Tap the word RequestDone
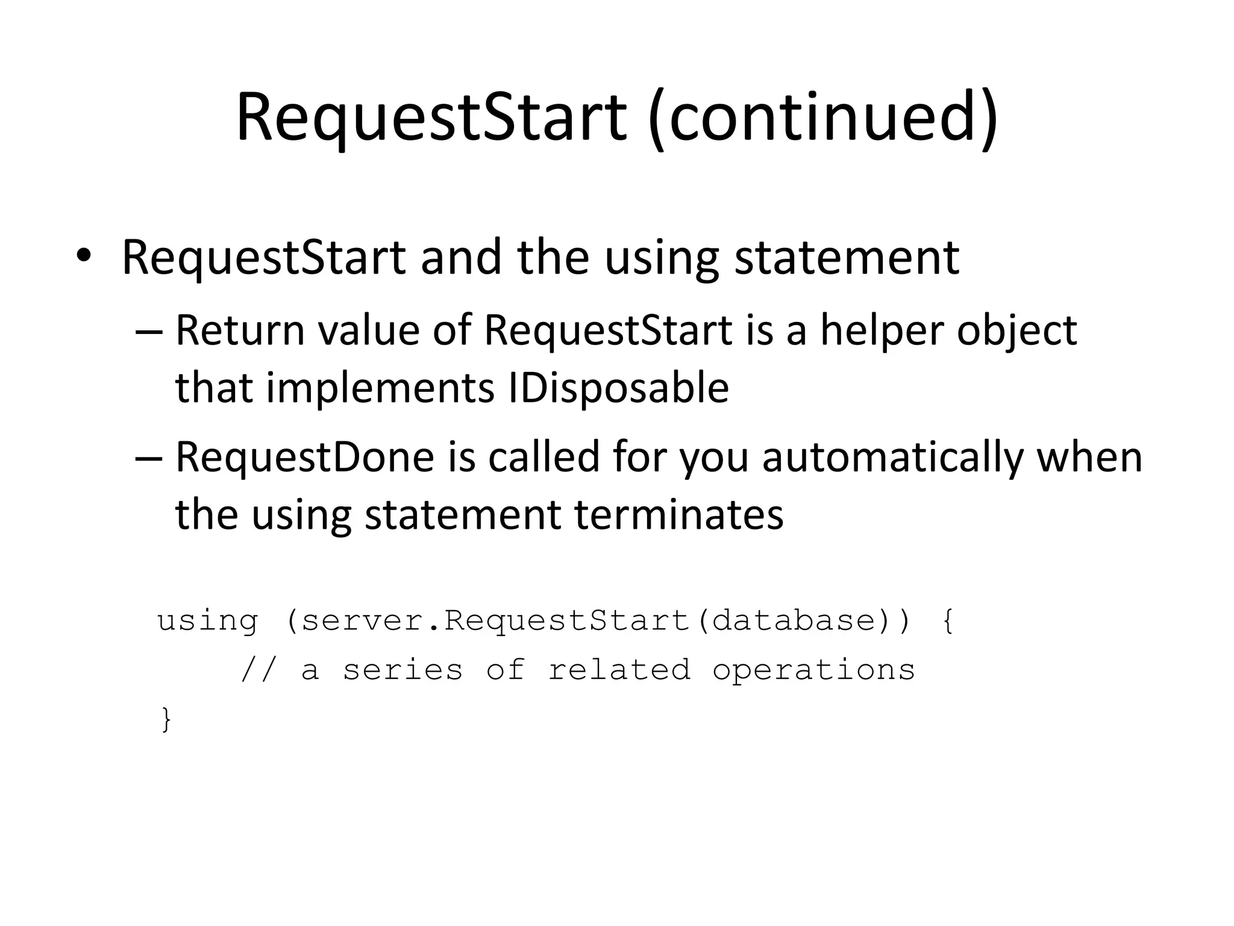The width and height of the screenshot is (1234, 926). pyautogui.click(x=304, y=456)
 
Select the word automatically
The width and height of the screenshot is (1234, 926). pyautogui.click(x=892, y=456)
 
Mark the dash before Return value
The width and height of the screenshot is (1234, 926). pyautogui.click(x=149, y=332)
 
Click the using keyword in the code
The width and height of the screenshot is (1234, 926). pyautogui.click(x=207, y=620)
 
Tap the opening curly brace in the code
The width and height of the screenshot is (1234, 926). pyautogui.click(x=947, y=621)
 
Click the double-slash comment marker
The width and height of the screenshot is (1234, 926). pyautogui.click(x=258, y=670)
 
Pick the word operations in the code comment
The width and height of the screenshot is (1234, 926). pyautogui.click(x=813, y=670)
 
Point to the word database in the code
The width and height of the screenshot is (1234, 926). pyautogui.click(x=793, y=620)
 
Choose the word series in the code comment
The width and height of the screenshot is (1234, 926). pyautogui.click(x=402, y=670)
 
